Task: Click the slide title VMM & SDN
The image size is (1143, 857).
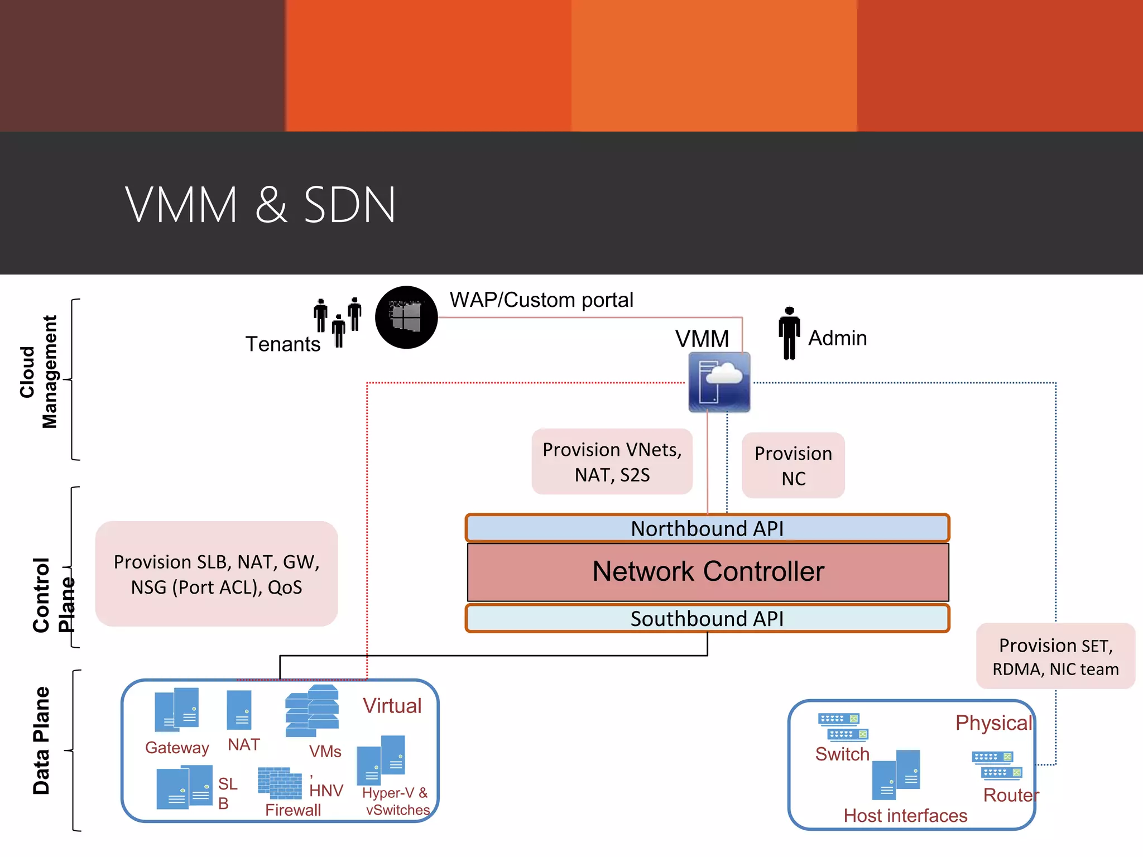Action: click(x=260, y=205)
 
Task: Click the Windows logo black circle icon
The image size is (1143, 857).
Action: click(x=406, y=317)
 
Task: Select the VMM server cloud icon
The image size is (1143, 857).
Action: click(x=719, y=382)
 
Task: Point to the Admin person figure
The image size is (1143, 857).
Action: click(x=789, y=333)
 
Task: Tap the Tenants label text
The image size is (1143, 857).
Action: click(x=283, y=344)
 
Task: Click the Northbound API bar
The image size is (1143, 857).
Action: click(x=707, y=528)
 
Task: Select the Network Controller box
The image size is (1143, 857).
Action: click(x=708, y=572)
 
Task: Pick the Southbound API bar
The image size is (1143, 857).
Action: click(x=707, y=619)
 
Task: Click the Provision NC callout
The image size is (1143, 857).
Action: click(x=793, y=465)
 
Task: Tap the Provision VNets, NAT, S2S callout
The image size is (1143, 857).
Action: click(x=612, y=462)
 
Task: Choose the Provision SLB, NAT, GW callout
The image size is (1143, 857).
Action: click(x=217, y=574)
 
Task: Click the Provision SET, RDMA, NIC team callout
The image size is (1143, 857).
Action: click(x=1055, y=656)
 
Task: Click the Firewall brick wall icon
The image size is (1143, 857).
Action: click(x=280, y=783)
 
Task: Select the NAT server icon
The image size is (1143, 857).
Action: click(x=239, y=710)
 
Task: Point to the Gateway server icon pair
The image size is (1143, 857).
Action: click(x=176, y=710)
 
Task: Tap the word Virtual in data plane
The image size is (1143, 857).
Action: click(x=392, y=706)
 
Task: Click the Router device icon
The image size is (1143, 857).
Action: click(x=997, y=765)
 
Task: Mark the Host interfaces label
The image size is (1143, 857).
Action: click(x=905, y=816)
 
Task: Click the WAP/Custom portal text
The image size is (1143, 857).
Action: click(x=541, y=300)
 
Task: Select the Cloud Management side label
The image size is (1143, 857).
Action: click(x=39, y=372)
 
